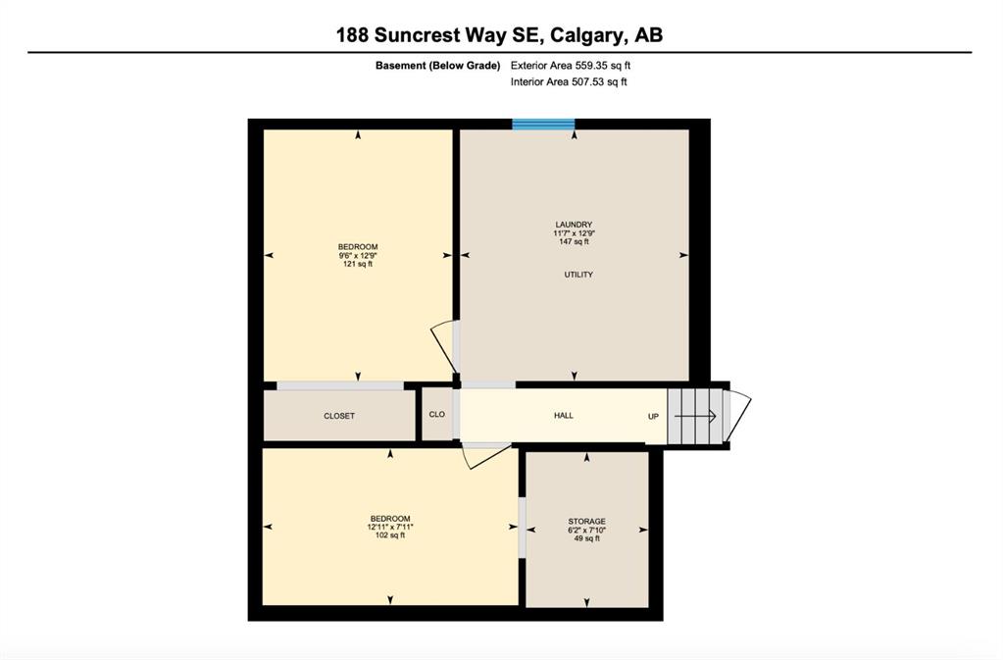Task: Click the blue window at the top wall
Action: (543, 125)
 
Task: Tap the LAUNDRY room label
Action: (574, 225)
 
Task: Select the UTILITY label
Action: (578, 275)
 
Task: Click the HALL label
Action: (564, 416)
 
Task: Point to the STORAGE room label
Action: (586, 521)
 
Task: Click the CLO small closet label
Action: (437, 415)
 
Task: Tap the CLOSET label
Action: (339, 416)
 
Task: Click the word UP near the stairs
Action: (653, 417)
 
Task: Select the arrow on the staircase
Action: (695, 417)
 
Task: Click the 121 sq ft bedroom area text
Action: (358, 264)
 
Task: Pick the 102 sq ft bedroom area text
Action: (390, 535)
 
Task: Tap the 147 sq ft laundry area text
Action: (574, 241)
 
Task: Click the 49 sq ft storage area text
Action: (586, 538)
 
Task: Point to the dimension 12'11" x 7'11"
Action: (390, 527)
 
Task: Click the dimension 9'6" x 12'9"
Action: (358, 255)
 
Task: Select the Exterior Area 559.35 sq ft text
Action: (571, 66)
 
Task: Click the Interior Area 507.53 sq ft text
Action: (569, 81)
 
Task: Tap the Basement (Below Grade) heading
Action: (437, 66)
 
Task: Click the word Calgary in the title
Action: (587, 34)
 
